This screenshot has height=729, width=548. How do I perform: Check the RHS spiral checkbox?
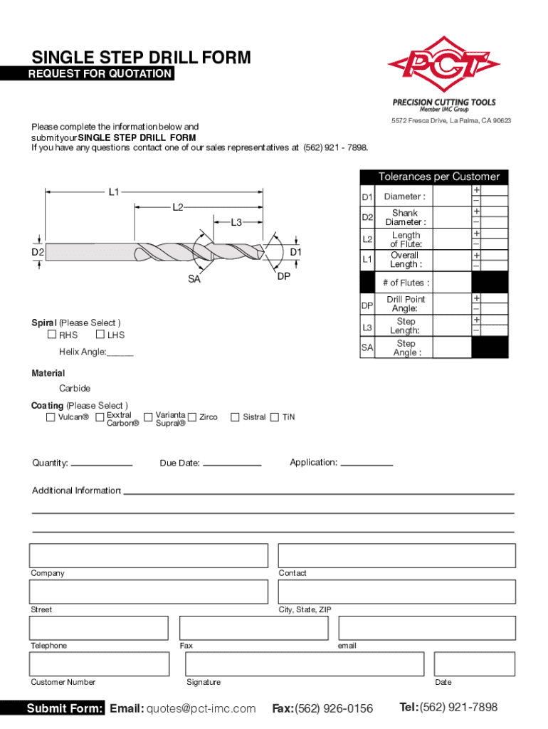(x=52, y=335)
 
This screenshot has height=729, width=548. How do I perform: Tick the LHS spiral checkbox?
(x=100, y=335)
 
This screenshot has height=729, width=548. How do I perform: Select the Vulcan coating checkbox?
(x=51, y=417)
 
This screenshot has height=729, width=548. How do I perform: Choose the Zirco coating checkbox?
(x=191, y=417)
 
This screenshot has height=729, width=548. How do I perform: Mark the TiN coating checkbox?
(x=275, y=417)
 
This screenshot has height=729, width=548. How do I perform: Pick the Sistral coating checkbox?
(x=235, y=417)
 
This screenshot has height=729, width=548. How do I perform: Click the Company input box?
(x=148, y=555)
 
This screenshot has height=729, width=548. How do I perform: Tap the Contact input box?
(x=396, y=555)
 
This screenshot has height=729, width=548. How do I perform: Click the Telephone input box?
(x=98, y=628)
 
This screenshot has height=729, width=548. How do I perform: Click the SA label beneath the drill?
(x=194, y=280)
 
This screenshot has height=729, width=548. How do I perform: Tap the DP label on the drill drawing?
(x=283, y=276)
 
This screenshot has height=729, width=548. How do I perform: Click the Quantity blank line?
(x=102, y=464)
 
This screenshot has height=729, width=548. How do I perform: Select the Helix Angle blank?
(x=120, y=353)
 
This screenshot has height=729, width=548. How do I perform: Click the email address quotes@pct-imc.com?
(x=201, y=708)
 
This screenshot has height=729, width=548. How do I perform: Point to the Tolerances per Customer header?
(x=438, y=177)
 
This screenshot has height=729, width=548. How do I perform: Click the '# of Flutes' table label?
(x=405, y=283)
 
